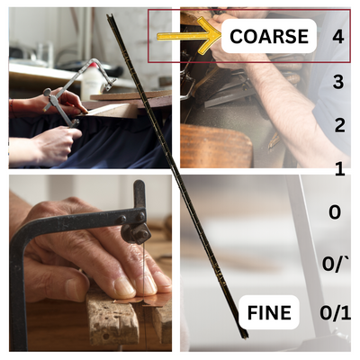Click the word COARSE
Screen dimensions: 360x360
pos(269,36)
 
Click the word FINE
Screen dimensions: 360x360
pos(269,312)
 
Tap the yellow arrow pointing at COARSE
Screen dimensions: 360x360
pos(188,36)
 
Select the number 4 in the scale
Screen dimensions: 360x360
pos(338,37)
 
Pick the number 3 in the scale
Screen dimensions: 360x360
pos(338,81)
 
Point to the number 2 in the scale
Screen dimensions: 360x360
pos(339,125)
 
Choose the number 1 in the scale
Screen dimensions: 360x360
pos(340,169)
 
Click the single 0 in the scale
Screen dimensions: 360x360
pos(335,212)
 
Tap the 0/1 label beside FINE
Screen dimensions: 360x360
pos(335,312)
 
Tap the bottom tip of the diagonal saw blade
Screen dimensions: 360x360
pos(246,338)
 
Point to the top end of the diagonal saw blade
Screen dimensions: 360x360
pos(109,15)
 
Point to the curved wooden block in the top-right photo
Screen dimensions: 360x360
pos(216,146)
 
